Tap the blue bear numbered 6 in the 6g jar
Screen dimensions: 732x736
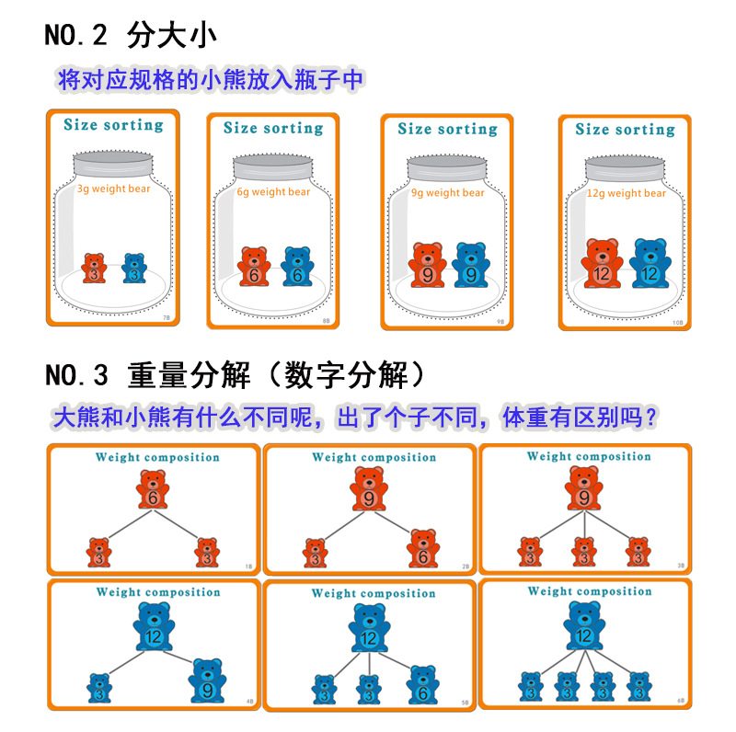tap(297, 269)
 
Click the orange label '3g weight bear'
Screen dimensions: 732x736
tap(112, 189)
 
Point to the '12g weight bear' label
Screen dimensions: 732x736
tap(626, 193)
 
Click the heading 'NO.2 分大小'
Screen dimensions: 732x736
tap(130, 36)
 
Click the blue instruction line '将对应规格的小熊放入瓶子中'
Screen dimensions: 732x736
tap(210, 80)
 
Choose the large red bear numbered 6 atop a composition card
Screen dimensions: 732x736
tap(153, 491)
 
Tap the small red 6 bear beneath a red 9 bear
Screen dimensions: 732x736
tap(422, 549)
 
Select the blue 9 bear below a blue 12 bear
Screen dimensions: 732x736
tap(208, 681)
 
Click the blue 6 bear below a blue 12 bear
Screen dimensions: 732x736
tap(421, 685)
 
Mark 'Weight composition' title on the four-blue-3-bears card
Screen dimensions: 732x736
tap(589, 591)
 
